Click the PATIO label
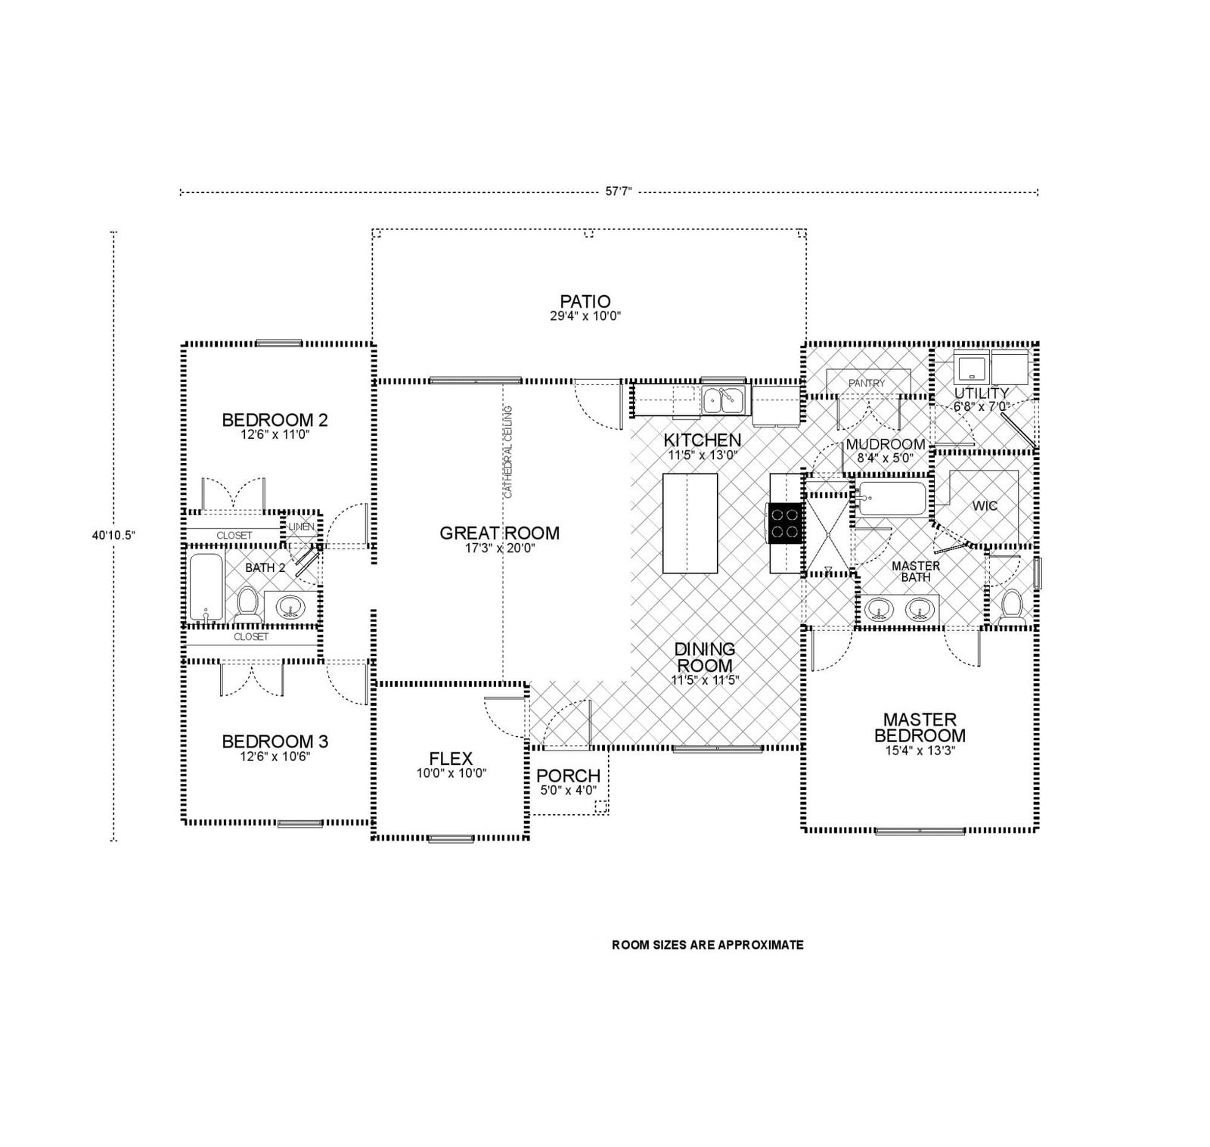(x=585, y=301)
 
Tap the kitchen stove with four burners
(x=785, y=523)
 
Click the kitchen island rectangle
(x=690, y=523)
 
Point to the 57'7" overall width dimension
(x=618, y=192)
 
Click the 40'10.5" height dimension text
(x=113, y=535)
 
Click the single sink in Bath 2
(x=290, y=607)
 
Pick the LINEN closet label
(x=301, y=527)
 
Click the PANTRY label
(x=866, y=384)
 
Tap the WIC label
(x=985, y=505)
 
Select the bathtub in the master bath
(x=891, y=498)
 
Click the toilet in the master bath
(x=1011, y=608)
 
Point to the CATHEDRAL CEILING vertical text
(x=508, y=452)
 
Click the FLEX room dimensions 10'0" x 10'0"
(x=451, y=773)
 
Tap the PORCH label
(x=568, y=776)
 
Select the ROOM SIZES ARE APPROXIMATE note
(x=707, y=945)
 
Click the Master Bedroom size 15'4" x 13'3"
(x=920, y=751)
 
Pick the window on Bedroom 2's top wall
(x=279, y=343)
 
